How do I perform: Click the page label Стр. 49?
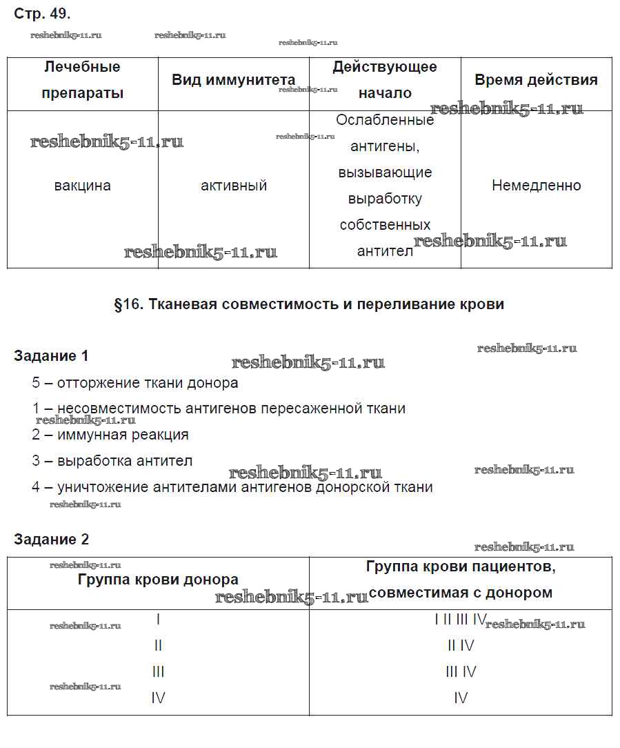[x=42, y=13]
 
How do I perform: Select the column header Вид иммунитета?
[x=233, y=80]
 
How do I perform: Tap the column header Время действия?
[x=536, y=80]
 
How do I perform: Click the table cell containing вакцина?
[x=82, y=186]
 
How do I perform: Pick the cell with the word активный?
[x=234, y=186]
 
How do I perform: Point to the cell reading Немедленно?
[x=536, y=186]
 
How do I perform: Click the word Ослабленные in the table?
[x=385, y=120]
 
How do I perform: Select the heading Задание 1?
[x=51, y=356]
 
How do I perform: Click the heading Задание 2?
[x=51, y=540]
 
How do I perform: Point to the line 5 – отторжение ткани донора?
[x=135, y=383]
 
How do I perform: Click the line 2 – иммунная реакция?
[x=110, y=435]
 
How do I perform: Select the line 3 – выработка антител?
[x=112, y=461]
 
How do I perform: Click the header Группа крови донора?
[x=158, y=580]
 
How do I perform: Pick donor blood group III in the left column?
[x=158, y=671]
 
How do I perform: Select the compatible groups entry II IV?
[x=461, y=646]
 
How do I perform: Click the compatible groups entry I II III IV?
[x=461, y=620]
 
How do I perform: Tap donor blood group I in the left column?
[x=158, y=620]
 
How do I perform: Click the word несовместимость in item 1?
[x=119, y=409]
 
